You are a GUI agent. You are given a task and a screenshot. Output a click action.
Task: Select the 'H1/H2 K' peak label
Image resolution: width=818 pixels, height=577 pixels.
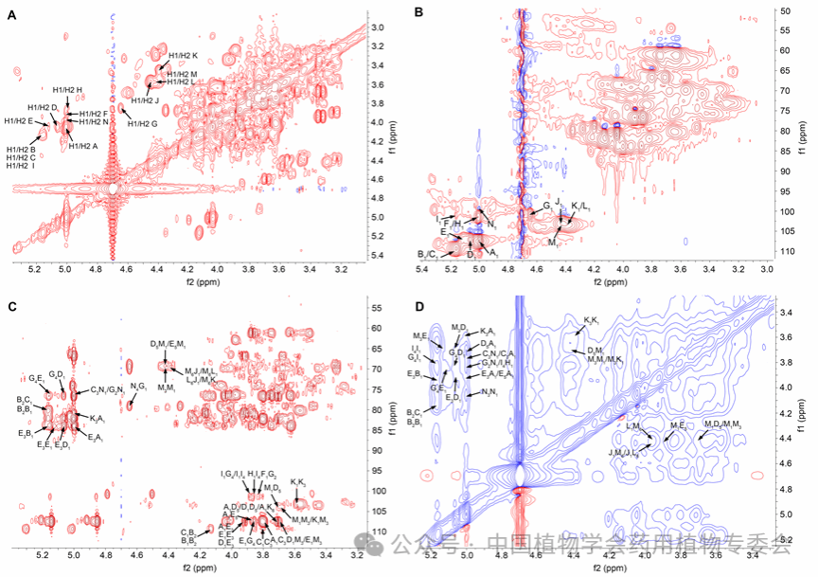(x=182, y=56)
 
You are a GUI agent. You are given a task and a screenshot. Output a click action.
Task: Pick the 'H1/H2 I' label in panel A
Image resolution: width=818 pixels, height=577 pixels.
(x=21, y=166)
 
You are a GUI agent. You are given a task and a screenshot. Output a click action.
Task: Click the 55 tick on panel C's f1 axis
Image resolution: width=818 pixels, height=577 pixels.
(x=376, y=309)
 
